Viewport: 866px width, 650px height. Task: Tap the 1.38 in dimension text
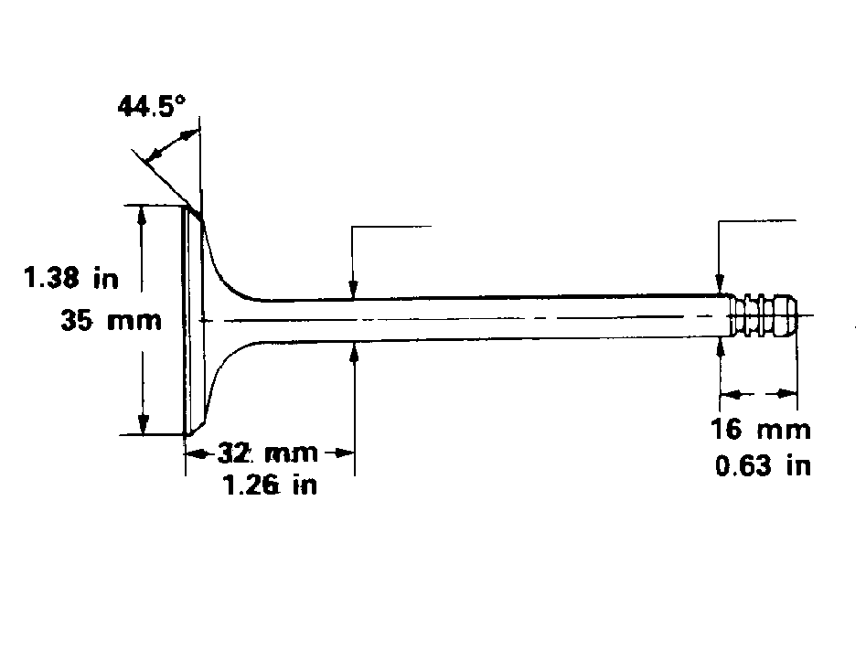tap(71, 277)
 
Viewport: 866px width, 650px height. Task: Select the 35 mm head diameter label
tap(111, 320)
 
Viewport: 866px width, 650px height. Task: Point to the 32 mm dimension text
tap(267, 453)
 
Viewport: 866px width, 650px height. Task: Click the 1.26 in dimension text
tap(270, 485)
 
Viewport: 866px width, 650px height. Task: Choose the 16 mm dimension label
tap(761, 429)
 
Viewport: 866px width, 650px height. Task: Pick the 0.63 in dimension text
tap(763, 465)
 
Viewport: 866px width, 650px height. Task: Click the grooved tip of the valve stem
tap(764, 316)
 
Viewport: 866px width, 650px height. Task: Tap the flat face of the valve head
tap(186, 320)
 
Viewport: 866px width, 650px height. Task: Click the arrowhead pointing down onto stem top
tap(352, 290)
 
